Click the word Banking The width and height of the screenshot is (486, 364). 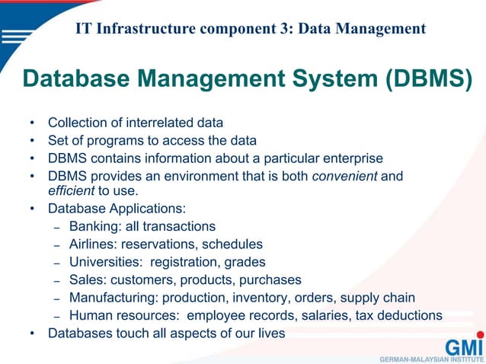click(92, 226)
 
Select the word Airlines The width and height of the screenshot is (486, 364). click(92, 244)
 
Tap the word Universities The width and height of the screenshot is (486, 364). click(104, 262)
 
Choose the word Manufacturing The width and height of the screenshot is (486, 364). click(110, 297)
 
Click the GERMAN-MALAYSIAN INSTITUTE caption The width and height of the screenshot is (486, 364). click(430, 357)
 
